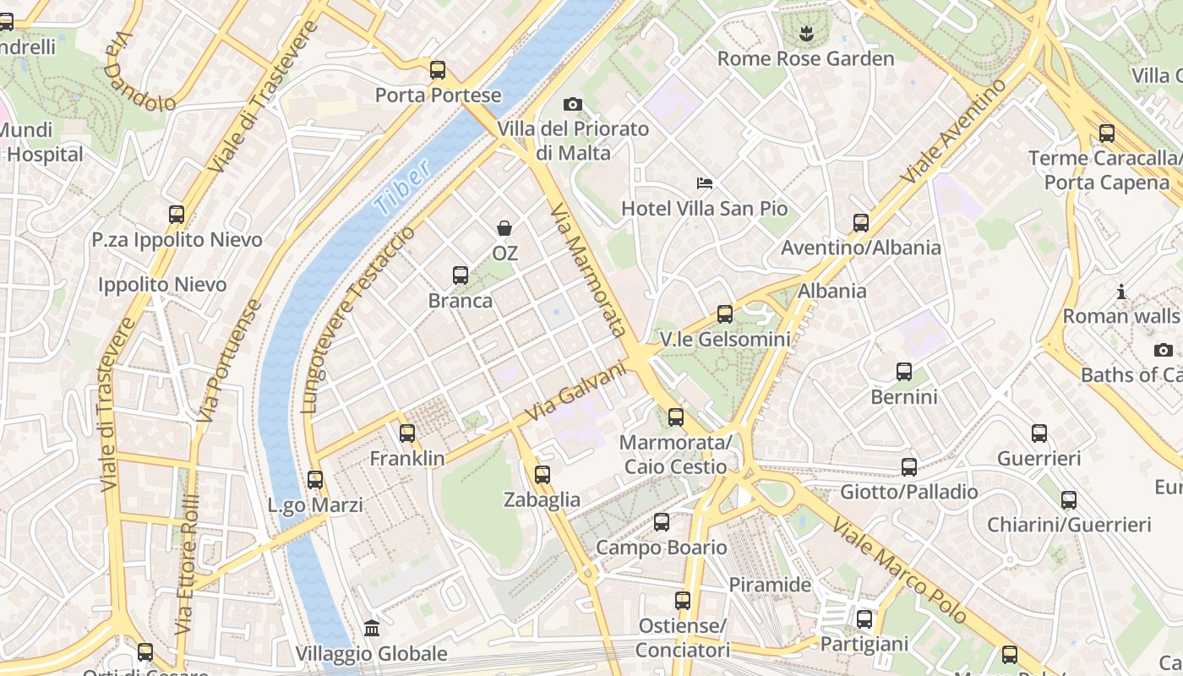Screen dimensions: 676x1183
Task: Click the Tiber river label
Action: tap(402, 185)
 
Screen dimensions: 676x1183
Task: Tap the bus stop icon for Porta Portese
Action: tap(438, 70)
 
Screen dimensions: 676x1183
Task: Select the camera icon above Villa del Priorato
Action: tap(573, 104)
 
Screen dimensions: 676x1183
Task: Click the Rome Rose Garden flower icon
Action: tap(804, 34)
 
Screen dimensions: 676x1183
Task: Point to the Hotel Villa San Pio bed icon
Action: tap(705, 183)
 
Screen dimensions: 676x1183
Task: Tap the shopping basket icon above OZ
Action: tap(504, 228)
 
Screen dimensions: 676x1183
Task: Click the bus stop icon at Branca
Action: tap(461, 275)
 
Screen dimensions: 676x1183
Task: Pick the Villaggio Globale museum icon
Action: tap(372, 628)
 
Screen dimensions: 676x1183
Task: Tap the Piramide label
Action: tap(770, 585)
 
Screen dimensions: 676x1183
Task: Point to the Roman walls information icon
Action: tap(1121, 292)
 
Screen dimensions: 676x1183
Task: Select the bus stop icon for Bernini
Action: tap(904, 372)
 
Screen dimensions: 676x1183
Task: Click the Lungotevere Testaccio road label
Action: tap(358, 319)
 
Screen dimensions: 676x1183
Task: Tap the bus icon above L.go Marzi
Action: tap(315, 480)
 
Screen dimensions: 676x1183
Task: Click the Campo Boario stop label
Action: tap(661, 548)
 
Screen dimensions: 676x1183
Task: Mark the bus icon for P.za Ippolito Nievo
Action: tap(177, 215)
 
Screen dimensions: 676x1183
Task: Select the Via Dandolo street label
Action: tap(139, 73)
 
